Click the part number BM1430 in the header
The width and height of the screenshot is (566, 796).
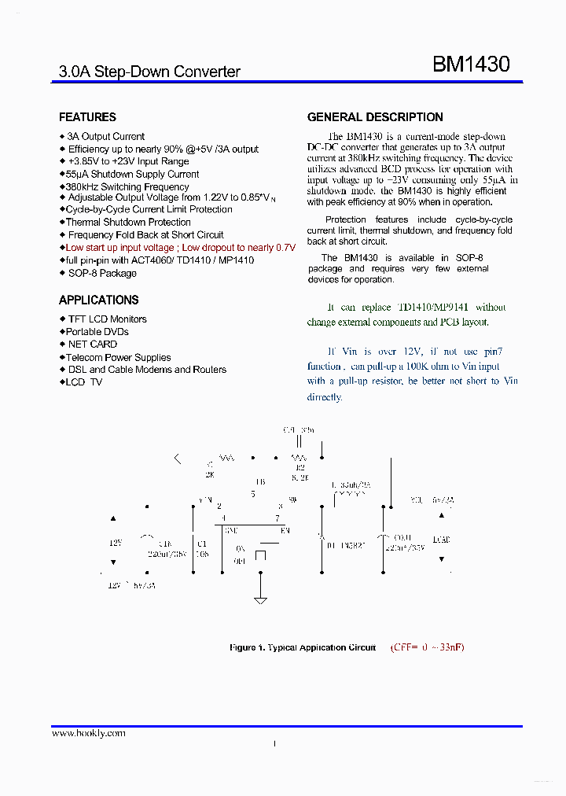[x=471, y=64]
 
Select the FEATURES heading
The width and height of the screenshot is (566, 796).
[x=87, y=117]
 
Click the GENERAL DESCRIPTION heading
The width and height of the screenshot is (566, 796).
[x=375, y=117]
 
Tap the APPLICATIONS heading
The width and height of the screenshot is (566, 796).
[x=98, y=300]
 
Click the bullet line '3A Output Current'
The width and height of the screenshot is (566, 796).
[x=105, y=136]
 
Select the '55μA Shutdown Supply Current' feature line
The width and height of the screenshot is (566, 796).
[x=132, y=174]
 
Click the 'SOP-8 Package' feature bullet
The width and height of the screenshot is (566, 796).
[x=101, y=273]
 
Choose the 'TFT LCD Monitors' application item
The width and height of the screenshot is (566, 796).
[x=107, y=319]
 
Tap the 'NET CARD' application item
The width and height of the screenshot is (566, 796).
[x=92, y=344]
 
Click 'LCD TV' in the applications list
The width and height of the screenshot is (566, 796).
[x=84, y=382]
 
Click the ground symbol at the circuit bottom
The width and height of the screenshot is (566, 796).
[x=261, y=602]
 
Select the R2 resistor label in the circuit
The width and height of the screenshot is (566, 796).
[x=300, y=467]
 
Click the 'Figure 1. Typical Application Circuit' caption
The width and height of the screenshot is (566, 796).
[x=302, y=647]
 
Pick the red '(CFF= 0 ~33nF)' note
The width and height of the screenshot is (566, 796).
[x=427, y=647]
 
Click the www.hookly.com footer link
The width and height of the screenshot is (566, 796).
[x=88, y=733]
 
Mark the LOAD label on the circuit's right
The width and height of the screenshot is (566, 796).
[x=441, y=540]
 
